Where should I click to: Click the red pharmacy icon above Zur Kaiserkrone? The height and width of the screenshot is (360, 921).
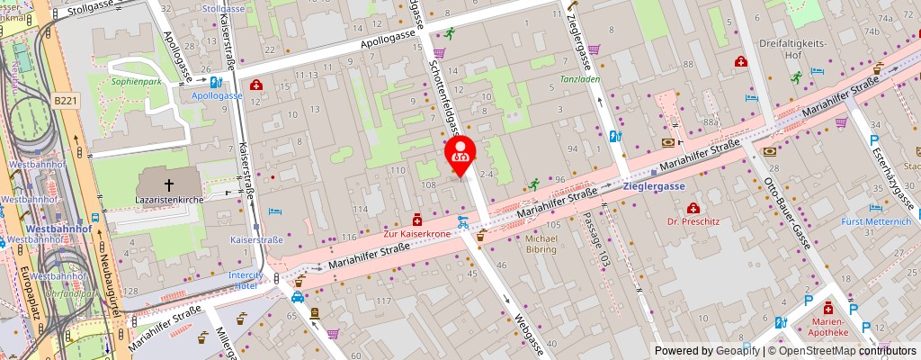416,219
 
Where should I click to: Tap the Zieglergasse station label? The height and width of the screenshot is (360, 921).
654,186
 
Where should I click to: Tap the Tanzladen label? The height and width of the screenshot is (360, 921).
580,78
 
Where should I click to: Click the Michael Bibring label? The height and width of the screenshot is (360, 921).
541,244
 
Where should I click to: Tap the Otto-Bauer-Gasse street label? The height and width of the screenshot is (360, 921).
785,206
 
